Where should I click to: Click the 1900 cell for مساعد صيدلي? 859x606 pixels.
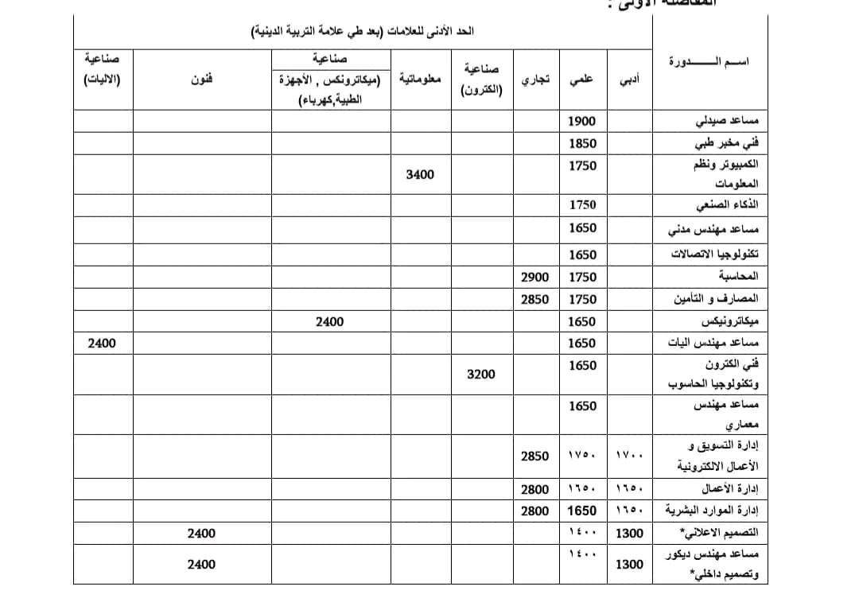(583, 122)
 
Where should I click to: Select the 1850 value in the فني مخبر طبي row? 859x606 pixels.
(583, 144)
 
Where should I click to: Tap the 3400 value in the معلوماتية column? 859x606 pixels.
(420, 174)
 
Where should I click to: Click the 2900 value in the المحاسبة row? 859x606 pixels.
(535, 276)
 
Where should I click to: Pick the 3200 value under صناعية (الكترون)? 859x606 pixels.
(480, 373)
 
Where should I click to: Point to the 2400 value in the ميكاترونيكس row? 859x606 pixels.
(328, 321)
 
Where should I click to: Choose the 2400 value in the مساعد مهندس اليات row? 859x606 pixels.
(102, 344)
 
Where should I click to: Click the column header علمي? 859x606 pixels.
(581, 80)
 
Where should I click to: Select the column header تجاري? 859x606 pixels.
(534, 80)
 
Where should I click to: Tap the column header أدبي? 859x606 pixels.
(630, 80)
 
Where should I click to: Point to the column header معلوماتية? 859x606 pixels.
(421, 80)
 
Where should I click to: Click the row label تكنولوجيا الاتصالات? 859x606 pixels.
(713, 254)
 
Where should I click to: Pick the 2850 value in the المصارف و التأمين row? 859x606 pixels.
(535, 299)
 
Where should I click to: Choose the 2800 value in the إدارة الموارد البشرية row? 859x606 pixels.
(535, 511)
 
